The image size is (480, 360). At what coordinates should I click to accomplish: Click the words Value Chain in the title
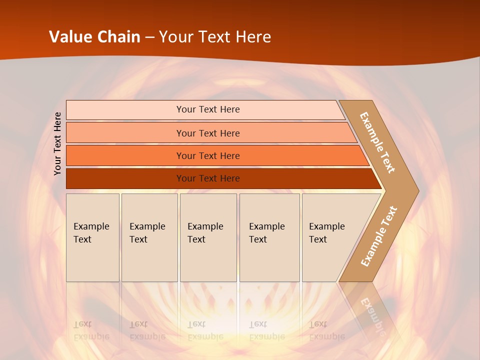94,37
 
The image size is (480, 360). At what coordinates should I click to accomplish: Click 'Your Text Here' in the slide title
215,37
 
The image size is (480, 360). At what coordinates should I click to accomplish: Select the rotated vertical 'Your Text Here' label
58,143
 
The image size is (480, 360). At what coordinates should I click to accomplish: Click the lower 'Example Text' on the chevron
379,236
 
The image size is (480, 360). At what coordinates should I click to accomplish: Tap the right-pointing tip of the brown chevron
415,190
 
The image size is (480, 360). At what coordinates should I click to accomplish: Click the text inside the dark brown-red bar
208,178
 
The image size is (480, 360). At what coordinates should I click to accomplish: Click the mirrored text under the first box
91,330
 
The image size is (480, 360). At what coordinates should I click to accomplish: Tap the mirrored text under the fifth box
326,330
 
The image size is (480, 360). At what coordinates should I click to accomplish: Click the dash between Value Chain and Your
149,37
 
